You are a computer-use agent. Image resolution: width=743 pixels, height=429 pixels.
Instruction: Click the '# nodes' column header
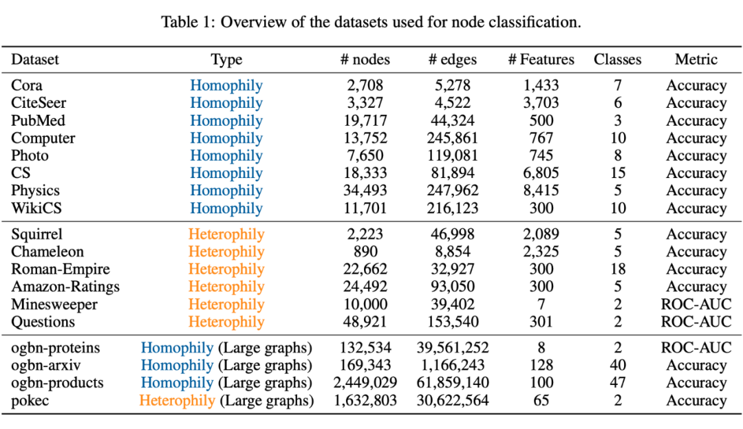[x=365, y=60]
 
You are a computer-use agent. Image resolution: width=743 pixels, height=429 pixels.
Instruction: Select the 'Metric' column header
[x=696, y=60]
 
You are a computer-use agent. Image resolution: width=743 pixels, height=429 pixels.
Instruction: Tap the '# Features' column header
[x=541, y=60]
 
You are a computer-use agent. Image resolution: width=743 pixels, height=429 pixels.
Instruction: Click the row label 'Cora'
[x=27, y=86]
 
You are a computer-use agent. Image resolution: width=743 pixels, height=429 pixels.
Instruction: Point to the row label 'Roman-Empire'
[x=61, y=269]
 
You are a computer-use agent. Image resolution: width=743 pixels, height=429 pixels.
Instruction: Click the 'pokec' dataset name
[x=30, y=400]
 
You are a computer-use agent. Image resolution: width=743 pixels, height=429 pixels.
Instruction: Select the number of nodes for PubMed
[x=365, y=121]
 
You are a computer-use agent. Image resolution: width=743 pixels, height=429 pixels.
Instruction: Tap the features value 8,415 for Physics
[x=541, y=190]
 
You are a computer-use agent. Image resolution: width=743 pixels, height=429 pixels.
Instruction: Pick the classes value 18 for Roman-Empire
[x=617, y=269]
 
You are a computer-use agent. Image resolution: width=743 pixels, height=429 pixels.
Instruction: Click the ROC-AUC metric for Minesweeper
[x=696, y=304]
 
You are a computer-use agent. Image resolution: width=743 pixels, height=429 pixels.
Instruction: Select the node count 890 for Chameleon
[x=365, y=252]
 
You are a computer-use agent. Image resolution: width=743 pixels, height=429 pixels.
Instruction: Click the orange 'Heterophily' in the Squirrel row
[x=226, y=234]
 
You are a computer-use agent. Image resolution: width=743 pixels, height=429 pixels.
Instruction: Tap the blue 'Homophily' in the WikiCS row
[x=226, y=208]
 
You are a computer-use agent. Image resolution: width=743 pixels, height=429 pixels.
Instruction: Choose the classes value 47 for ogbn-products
[x=617, y=383]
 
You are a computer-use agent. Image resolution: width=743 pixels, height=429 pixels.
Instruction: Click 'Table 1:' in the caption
[x=185, y=21]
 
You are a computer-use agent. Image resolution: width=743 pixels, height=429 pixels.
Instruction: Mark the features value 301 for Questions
[x=541, y=322]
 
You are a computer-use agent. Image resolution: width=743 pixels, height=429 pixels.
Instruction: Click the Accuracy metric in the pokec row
[x=696, y=400]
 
